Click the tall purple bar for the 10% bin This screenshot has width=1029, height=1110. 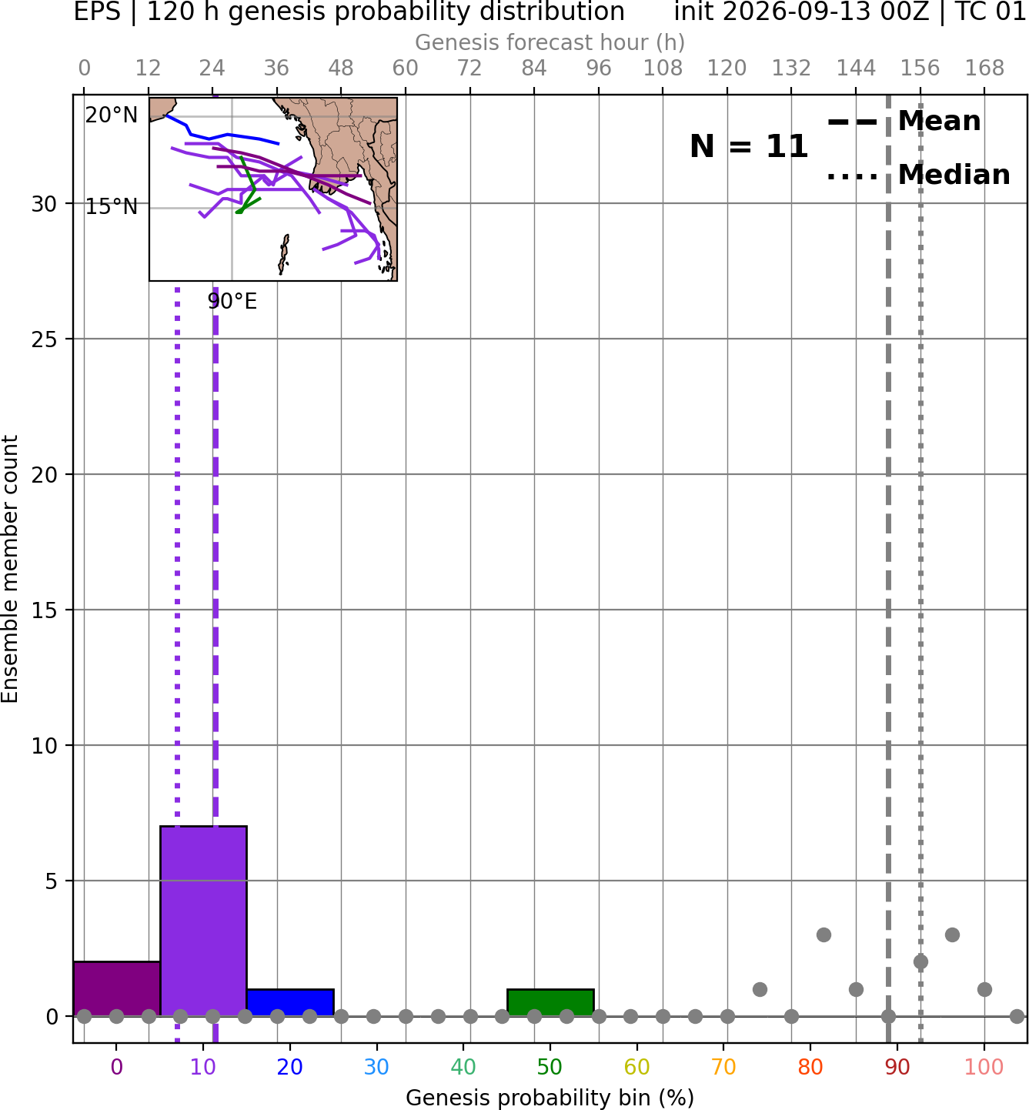(x=203, y=921)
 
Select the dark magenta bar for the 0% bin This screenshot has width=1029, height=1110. (x=117, y=988)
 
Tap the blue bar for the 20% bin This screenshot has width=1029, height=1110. (x=290, y=1002)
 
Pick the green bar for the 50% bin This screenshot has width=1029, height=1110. (x=550, y=1002)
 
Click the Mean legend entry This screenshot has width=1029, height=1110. (x=904, y=122)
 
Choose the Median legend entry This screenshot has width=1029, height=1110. (x=918, y=175)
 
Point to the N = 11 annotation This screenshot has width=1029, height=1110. (x=748, y=146)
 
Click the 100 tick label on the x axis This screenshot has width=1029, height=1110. (x=984, y=1067)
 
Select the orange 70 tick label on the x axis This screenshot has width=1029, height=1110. (x=723, y=1067)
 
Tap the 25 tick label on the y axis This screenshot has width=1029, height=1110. (x=45, y=339)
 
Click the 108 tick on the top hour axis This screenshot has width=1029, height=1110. (x=663, y=69)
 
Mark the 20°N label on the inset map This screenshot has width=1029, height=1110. (x=112, y=115)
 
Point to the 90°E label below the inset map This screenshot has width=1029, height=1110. (x=232, y=301)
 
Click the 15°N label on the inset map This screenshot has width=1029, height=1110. (x=112, y=207)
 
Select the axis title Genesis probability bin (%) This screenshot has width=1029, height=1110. (x=550, y=1098)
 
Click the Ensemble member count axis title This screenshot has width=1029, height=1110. (x=9, y=569)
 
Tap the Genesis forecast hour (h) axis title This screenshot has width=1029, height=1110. (x=550, y=42)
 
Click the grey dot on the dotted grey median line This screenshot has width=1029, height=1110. (x=920, y=962)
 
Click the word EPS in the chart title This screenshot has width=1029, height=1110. (x=97, y=12)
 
